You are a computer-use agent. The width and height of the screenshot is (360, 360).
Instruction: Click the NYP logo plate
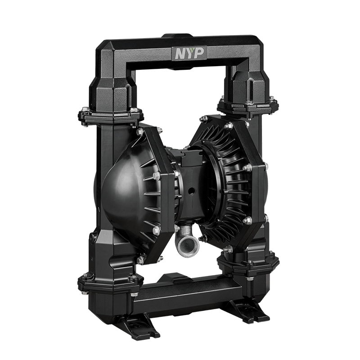click(189, 53)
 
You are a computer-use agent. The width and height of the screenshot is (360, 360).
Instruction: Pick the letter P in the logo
click(199, 53)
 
